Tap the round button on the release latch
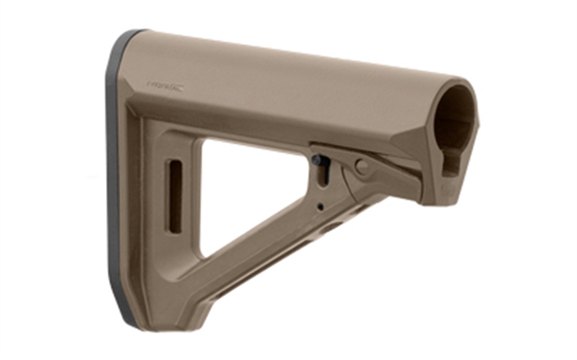pyautogui.click(x=362, y=167)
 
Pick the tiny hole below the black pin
pyautogui.click(x=319, y=206)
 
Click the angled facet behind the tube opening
pyautogui.click(x=406, y=138)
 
